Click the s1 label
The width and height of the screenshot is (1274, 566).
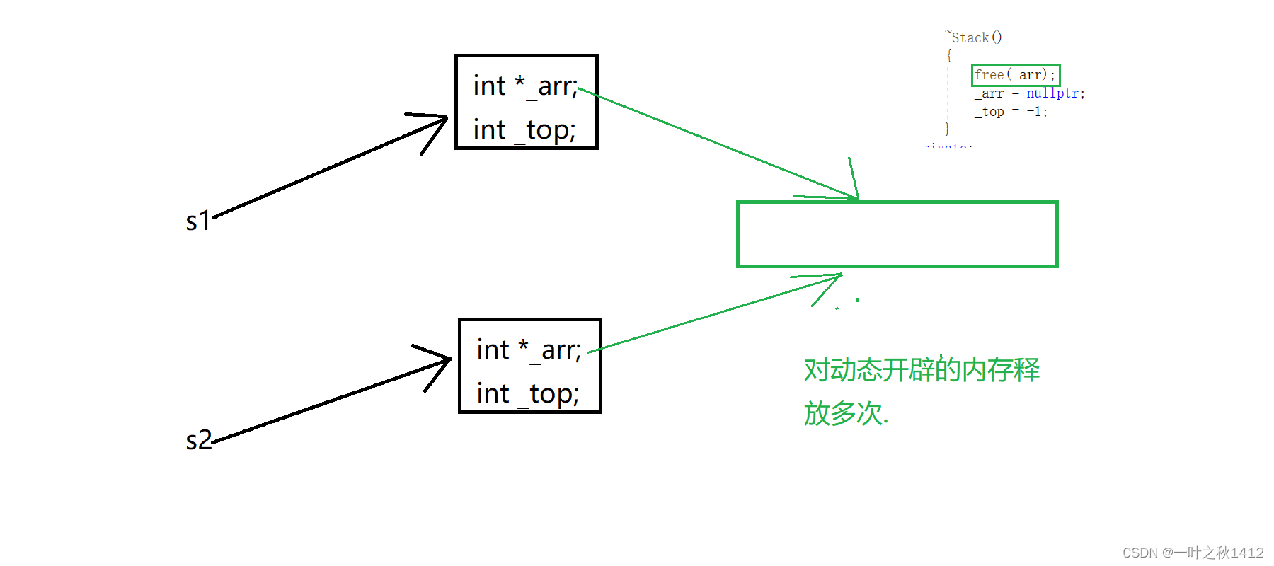(x=197, y=221)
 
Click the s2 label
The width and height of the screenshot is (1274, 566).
(x=198, y=440)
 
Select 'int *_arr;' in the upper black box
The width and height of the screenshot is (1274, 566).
(x=525, y=86)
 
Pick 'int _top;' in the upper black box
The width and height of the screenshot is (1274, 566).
(x=524, y=130)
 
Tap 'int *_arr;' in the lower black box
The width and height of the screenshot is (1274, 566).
(x=529, y=350)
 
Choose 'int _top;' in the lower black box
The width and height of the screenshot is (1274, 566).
(x=528, y=394)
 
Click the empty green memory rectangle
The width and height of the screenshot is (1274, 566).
(x=897, y=234)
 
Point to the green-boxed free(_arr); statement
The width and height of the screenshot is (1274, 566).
(x=1015, y=74)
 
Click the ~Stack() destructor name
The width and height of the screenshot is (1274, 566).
(x=975, y=37)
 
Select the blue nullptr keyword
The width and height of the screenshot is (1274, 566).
(x=1053, y=93)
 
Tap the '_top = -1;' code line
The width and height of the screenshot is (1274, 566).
(x=1010, y=112)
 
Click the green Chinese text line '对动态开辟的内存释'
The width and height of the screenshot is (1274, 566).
(x=921, y=370)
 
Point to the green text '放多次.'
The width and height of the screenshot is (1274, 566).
(x=845, y=413)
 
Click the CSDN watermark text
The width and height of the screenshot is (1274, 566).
(x=1193, y=553)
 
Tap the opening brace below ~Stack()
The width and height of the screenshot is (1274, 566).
(x=949, y=55)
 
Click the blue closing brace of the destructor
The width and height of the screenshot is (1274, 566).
(x=947, y=129)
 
